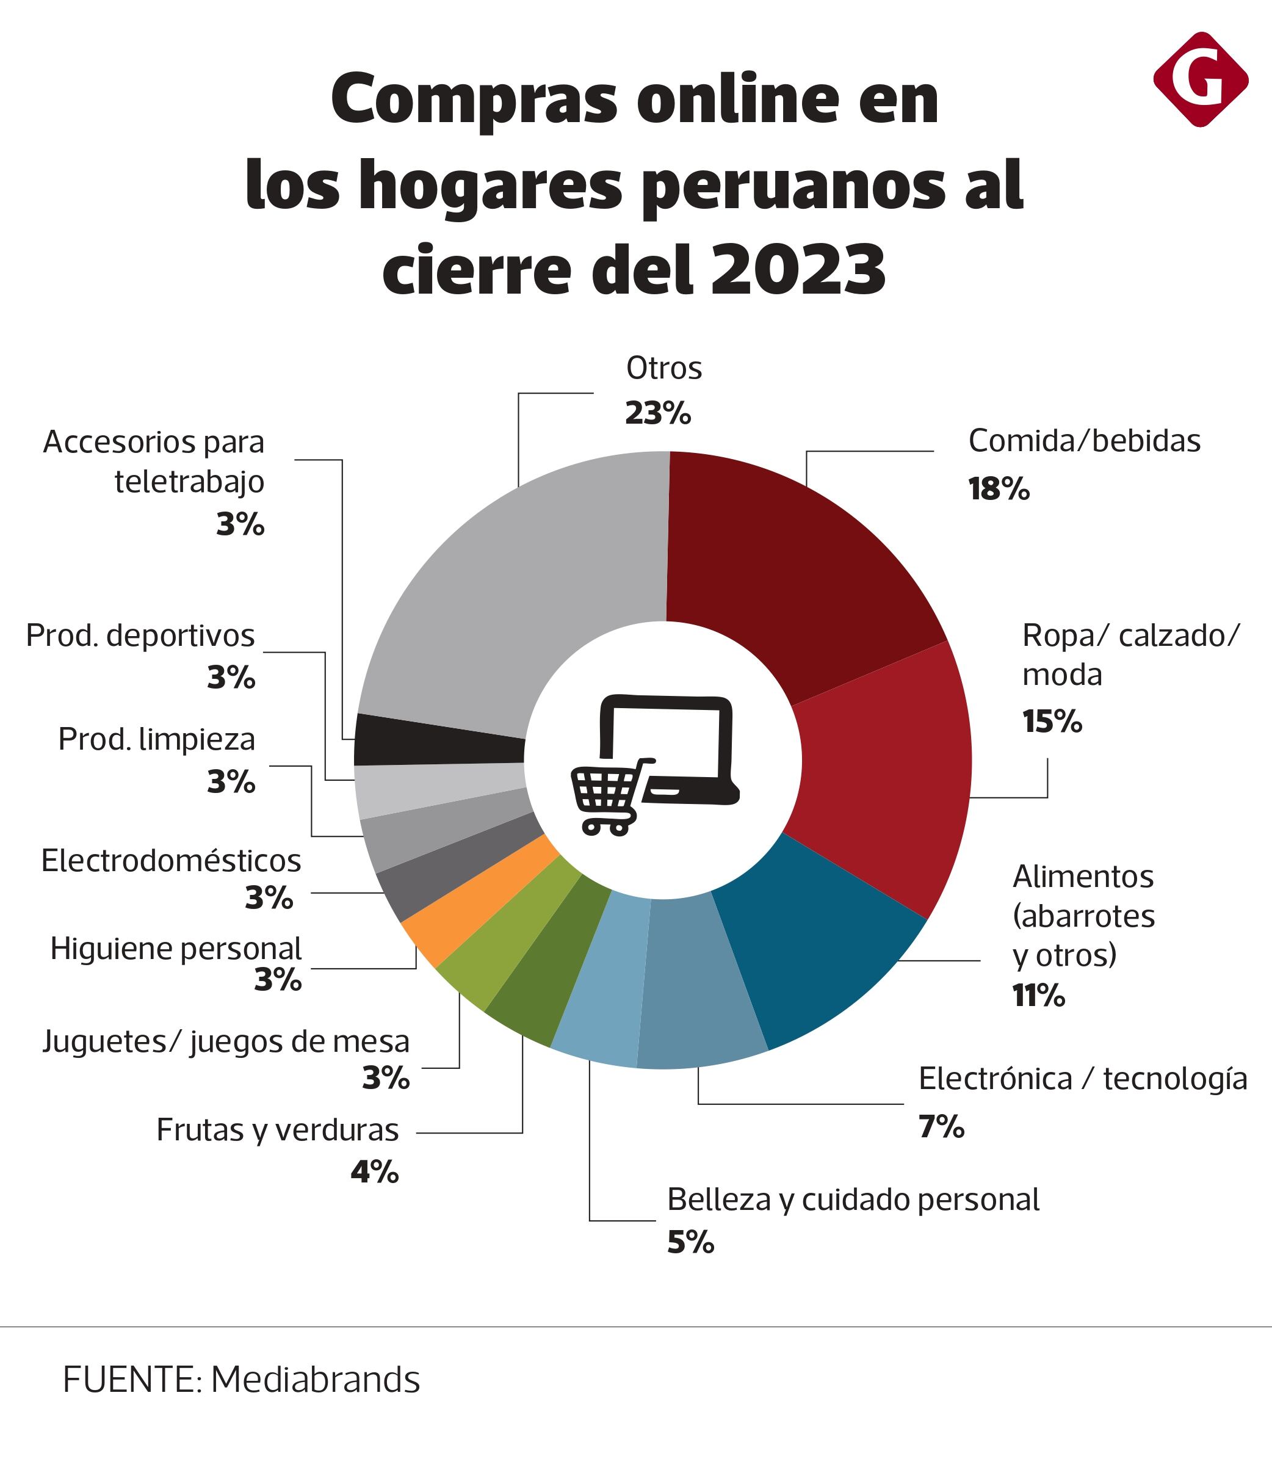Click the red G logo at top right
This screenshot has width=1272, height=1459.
1201,79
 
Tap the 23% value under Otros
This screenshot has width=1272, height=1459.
657,413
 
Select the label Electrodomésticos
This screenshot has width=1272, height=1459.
171,861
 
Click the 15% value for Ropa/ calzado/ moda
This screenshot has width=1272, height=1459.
1052,722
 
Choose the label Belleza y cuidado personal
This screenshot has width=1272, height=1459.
853,1199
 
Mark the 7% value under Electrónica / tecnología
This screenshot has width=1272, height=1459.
941,1127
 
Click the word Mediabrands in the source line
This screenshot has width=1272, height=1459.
315,1380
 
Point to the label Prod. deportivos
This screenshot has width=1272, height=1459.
140,635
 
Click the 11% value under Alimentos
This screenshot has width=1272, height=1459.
1038,996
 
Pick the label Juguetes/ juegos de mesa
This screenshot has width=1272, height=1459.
226,1041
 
